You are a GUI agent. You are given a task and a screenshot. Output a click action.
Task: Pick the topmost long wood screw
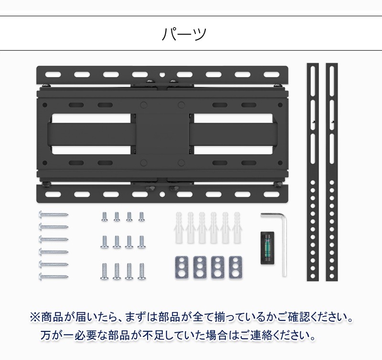coord(53,215)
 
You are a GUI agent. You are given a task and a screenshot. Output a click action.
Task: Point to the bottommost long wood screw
coord(53,275)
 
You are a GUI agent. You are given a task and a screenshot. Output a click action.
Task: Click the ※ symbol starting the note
coord(36,317)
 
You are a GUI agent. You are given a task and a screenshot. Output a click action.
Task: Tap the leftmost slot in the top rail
coord(52,74)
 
